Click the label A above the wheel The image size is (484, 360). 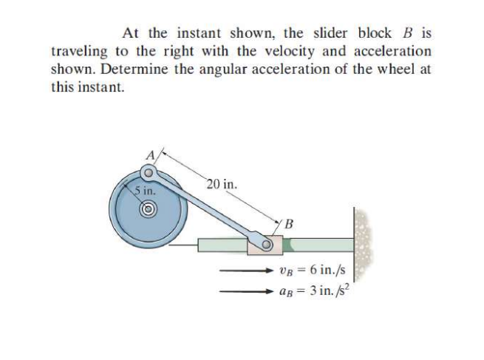point(153,157)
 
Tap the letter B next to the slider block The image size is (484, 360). point(289,223)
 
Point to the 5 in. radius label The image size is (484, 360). point(145,190)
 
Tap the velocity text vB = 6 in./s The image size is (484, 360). point(311,271)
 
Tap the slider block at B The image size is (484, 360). point(265,242)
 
